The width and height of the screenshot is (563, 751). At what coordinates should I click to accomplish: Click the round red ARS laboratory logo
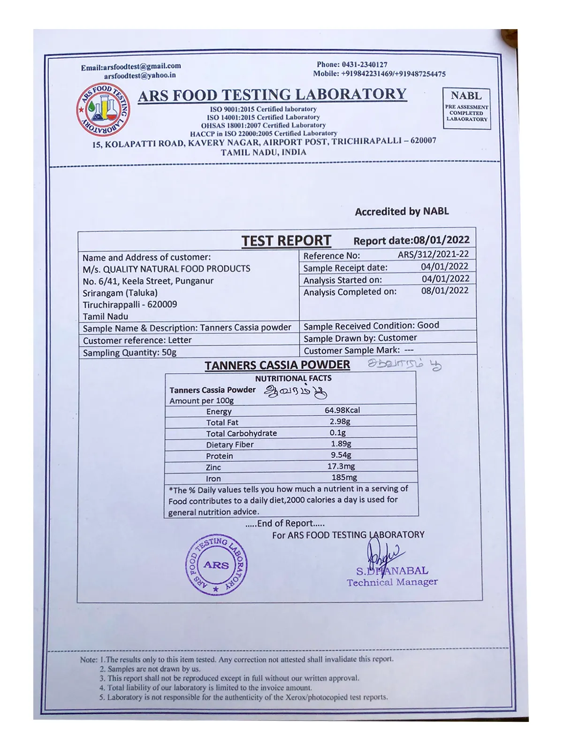coord(103,110)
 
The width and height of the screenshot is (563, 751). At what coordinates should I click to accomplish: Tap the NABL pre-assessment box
coord(466,108)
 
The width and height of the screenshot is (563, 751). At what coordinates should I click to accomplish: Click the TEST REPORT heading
coord(286,241)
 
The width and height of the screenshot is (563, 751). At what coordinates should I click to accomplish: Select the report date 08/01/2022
coord(441,240)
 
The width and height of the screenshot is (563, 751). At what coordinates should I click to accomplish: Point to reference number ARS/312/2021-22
coord(433,254)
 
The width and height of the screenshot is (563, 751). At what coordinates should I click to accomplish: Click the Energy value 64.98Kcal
coord(342,410)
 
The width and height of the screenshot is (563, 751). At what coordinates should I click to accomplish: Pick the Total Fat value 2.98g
coord(340,421)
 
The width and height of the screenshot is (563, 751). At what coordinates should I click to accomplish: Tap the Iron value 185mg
coord(344,477)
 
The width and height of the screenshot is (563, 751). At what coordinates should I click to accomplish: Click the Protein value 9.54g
coord(341,455)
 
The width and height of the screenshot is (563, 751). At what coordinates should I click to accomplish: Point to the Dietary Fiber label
coord(229,444)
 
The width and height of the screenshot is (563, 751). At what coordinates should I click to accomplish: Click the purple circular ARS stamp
coord(216,565)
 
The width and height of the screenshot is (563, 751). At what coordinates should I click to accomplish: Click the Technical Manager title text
coord(392,582)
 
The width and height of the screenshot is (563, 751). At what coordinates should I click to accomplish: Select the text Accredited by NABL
coord(402,212)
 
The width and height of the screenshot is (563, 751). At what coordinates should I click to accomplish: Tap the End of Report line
coord(285,523)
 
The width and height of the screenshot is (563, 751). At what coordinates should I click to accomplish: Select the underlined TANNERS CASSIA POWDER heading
coord(277,365)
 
